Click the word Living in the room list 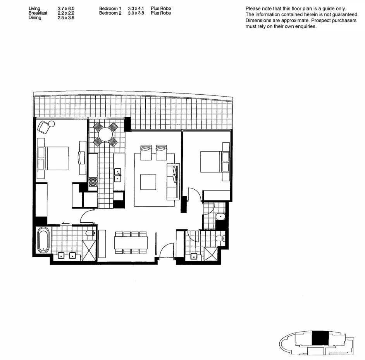click(34, 9)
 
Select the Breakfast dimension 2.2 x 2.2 click(66, 13)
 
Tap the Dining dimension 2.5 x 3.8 click(66, 18)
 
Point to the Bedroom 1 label click(110, 9)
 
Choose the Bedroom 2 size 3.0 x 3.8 click(136, 13)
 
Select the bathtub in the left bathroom click(43, 240)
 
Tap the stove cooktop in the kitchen click(93, 182)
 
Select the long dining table click(131, 244)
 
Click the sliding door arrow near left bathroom click(65, 223)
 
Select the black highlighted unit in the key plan click(320, 338)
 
